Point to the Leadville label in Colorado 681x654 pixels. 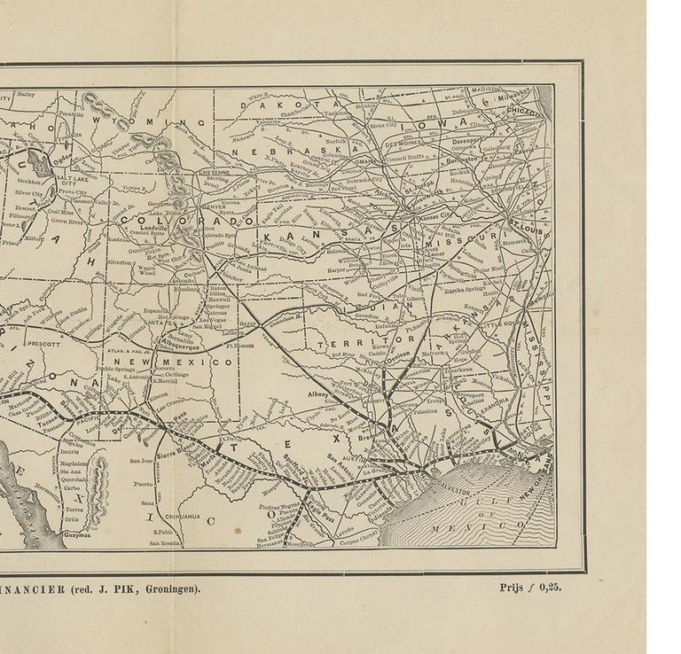(x=155, y=227)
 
